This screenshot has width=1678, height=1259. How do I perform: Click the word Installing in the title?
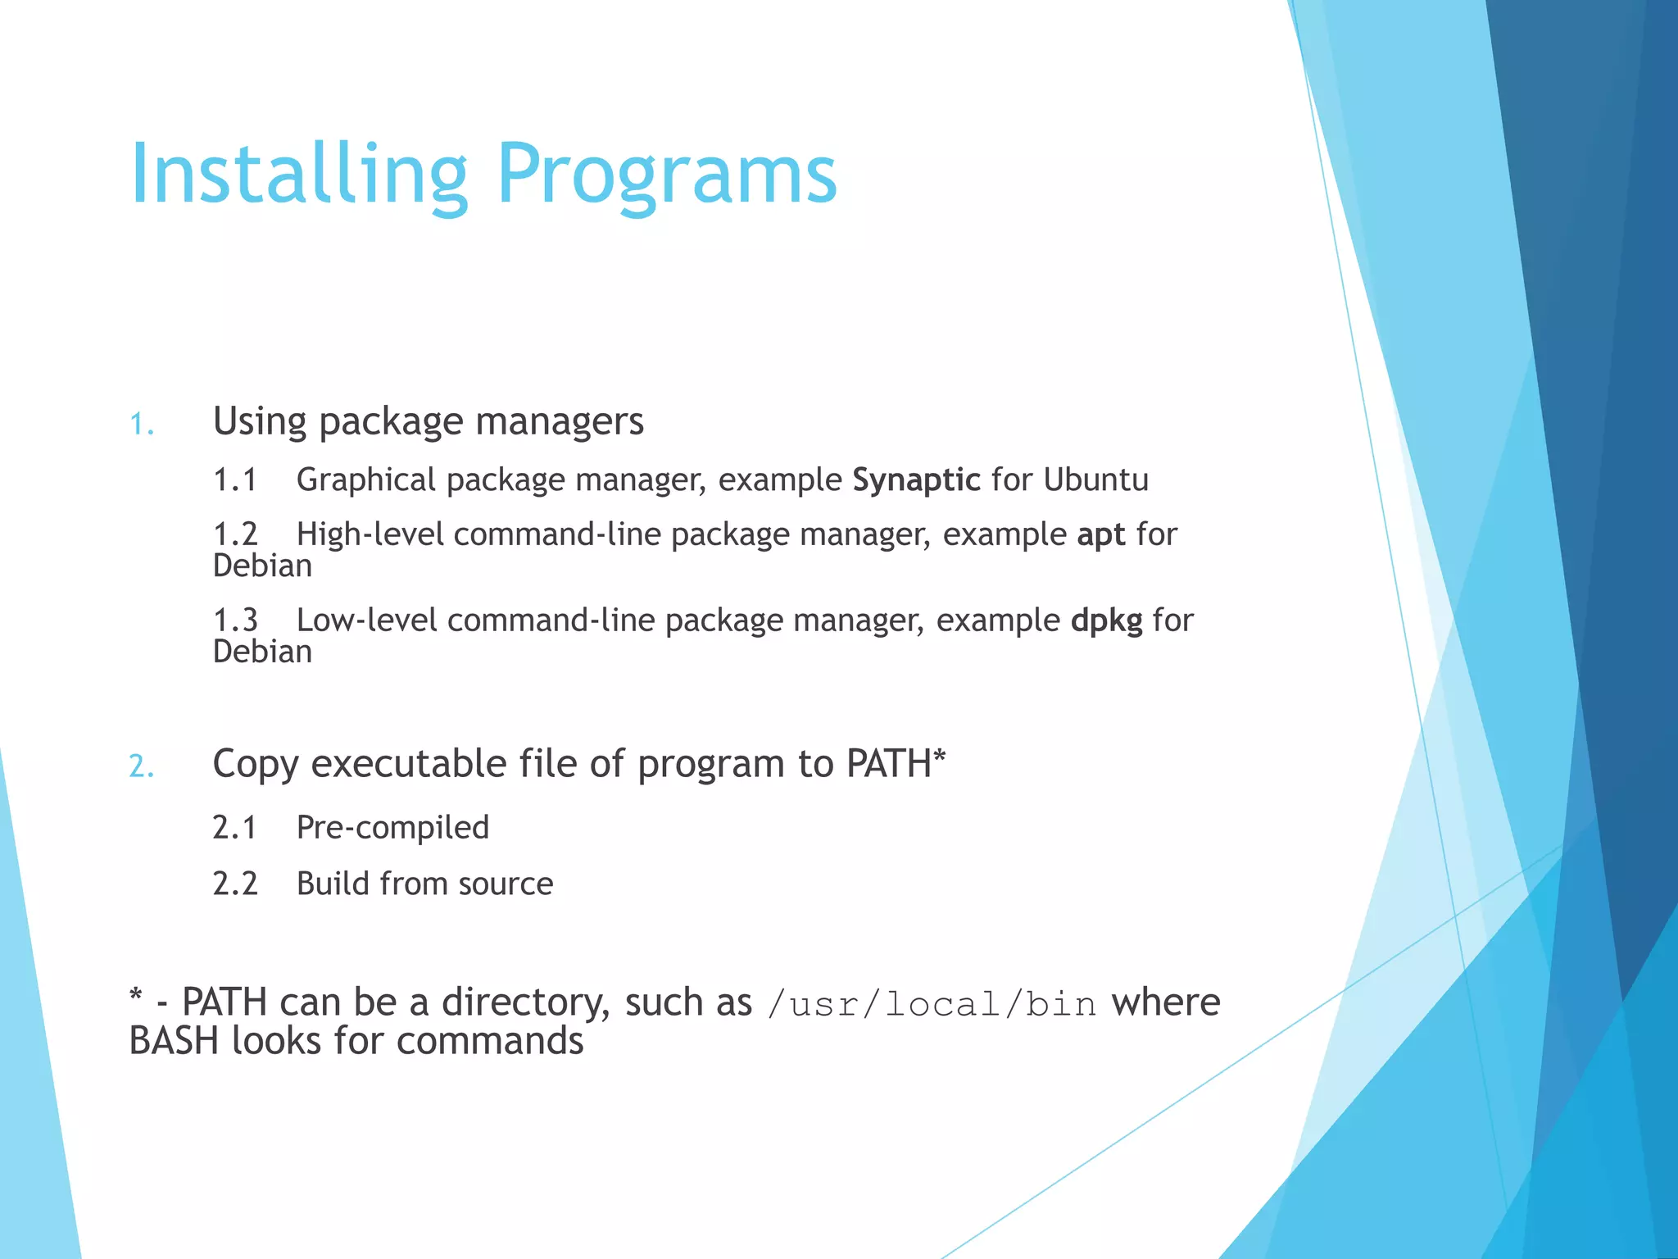298,175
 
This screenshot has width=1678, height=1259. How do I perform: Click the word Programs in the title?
666,175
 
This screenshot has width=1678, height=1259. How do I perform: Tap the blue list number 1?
142,425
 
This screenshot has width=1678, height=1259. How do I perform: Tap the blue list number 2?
142,766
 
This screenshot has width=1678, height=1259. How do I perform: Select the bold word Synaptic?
916,480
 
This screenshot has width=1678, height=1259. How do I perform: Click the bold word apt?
1100,535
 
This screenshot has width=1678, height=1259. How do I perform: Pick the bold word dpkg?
1106,621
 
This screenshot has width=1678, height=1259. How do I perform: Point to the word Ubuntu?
1095,480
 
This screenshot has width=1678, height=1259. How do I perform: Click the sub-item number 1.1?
235,480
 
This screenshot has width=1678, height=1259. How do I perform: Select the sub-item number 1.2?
235,535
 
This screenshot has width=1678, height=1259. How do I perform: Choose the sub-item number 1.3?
235,621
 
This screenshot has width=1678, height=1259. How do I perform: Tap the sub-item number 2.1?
235,828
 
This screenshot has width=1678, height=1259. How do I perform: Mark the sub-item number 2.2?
235,884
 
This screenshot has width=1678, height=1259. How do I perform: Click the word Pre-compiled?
392,828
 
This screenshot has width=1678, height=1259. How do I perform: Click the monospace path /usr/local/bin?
932,1004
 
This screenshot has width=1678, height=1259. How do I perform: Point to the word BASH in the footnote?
175,1042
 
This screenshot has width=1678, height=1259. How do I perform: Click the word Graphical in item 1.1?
365,480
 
